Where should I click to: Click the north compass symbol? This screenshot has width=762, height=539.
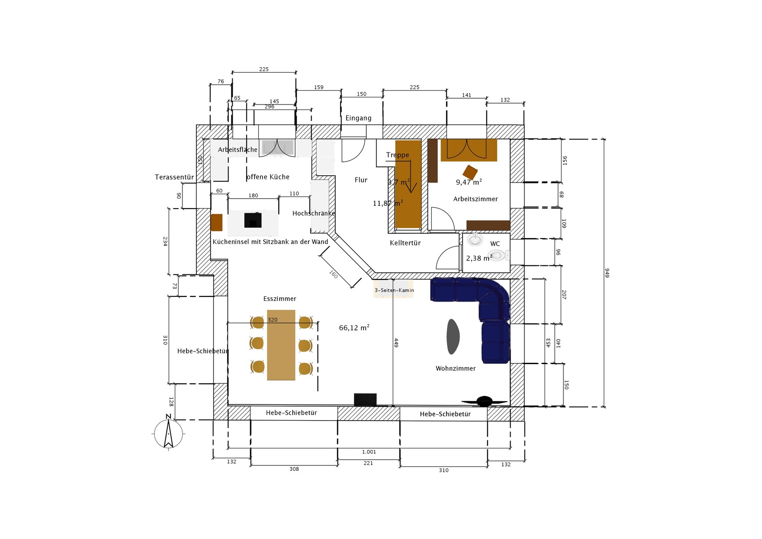169,433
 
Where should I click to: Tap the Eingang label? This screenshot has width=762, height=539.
358,118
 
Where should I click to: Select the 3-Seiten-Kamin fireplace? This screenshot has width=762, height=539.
394,289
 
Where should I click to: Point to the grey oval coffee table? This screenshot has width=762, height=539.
453,336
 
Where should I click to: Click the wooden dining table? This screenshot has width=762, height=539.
281,345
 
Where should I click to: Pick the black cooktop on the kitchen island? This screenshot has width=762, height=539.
253,220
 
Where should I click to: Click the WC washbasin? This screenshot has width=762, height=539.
475,239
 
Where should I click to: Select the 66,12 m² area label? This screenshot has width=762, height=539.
354,327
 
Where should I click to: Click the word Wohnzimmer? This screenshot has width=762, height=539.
455,368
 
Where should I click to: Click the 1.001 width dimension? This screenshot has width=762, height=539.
369,452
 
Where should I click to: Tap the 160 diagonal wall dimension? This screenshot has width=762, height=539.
333,274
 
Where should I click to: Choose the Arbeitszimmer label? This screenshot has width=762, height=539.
475,199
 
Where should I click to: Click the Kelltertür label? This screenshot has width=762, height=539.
405,243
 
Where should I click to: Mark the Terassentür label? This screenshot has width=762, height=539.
174,177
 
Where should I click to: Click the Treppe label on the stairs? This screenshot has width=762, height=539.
397,155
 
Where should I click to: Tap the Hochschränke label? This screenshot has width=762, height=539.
314,213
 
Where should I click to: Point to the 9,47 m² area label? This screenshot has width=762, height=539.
469,182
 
